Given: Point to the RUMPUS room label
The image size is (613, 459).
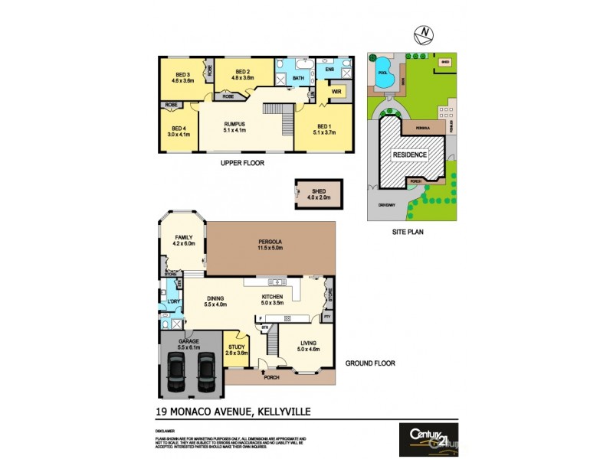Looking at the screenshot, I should click(x=234, y=126).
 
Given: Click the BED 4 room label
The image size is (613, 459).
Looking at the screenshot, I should click(x=179, y=132).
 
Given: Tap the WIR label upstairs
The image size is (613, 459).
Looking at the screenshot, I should click(x=335, y=91).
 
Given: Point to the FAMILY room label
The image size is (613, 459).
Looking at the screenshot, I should click(x=185, y=241).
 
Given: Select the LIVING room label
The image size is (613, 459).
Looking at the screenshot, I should click(x=308, y=347).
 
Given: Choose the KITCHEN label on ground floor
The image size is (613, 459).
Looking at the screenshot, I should click(x=273, y=300).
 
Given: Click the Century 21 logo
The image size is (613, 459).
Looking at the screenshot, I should click(x=428, y=438).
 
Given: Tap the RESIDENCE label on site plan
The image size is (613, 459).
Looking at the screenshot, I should click(x=410, y=154).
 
